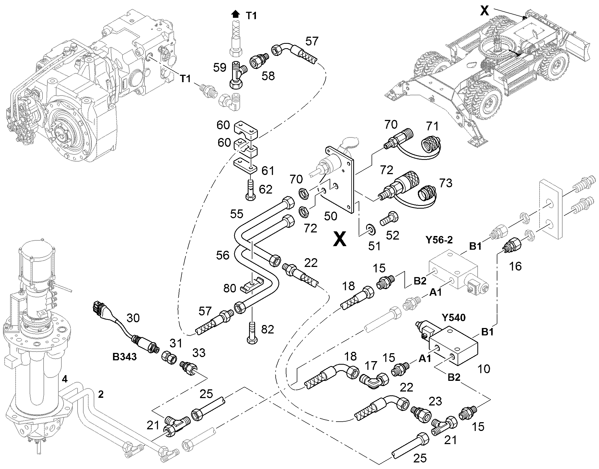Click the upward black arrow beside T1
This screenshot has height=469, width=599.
[235, 14]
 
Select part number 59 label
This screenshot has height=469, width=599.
[220, 68]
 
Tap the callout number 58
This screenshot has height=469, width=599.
[268, 76]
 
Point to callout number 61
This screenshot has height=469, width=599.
[267, 171]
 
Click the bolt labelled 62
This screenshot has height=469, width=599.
[250, 189]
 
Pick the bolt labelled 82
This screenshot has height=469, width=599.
[252, 332]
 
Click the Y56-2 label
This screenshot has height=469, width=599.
[439, 240]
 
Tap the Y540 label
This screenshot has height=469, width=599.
[454, 318]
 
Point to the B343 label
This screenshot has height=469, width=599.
[124, 357]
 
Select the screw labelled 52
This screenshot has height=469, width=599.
[389, 218]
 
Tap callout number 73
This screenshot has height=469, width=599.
[445, 183]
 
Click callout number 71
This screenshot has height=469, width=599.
[432, 126]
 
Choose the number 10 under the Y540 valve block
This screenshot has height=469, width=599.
[484, 369]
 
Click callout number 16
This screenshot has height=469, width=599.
[515, 266]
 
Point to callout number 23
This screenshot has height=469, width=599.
[435, 401]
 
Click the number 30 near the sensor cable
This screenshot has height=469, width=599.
[133, 318]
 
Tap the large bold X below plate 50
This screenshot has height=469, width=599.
[340, 238]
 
